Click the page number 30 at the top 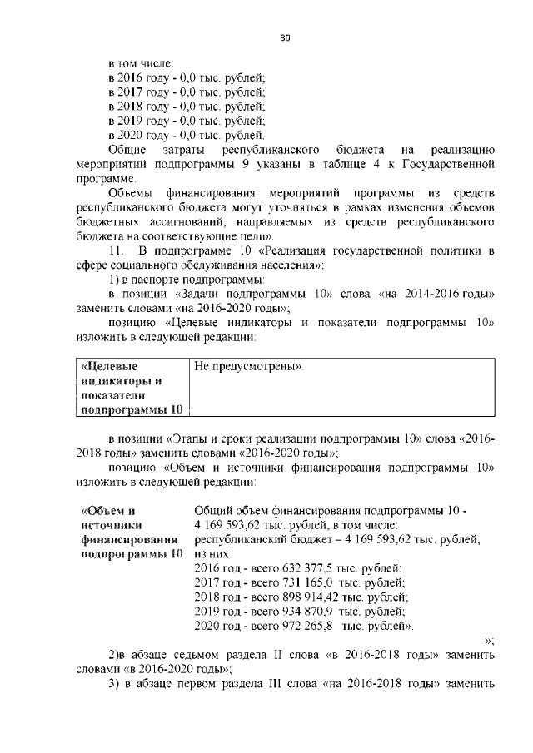pos(285,37)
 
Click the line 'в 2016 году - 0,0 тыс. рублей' pos(187,77)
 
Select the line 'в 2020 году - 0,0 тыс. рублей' pos(187,135)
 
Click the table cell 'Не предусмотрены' pos(249,366)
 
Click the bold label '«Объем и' pos(107,510)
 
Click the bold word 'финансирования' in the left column pos(125,539)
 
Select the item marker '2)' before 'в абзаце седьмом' pos(117,656)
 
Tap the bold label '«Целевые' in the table pos(109,366)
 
